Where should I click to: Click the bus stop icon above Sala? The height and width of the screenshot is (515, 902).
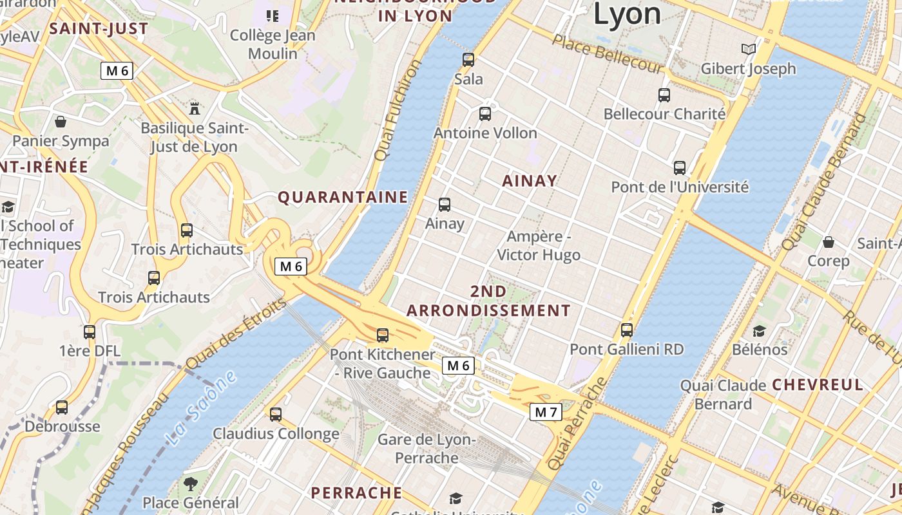coord(468,60)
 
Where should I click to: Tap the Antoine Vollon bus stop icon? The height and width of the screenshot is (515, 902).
coord(485,114)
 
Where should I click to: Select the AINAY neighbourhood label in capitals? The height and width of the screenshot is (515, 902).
coord(530,181)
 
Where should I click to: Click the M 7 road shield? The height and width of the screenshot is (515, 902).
coord(546,412)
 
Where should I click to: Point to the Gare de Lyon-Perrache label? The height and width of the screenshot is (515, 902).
coord(427,449)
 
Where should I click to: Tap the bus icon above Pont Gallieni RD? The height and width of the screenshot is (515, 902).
coord(627,330)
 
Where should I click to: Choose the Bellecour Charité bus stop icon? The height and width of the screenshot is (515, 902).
coord(664,95)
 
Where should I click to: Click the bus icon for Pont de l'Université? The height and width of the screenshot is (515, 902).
coord(680,168)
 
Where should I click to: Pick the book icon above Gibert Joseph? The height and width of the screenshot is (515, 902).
coord(748,49)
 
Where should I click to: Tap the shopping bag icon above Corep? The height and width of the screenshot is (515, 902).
coord(829,242)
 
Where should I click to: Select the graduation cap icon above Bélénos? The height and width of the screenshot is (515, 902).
coord(760,331)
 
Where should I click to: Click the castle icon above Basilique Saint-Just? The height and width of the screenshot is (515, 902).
coord(194,108)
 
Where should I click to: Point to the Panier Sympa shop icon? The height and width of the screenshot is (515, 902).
coord(61,122)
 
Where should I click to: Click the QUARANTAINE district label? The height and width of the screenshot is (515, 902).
coord(343,197)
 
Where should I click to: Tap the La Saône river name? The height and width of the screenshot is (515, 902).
coord(200,409)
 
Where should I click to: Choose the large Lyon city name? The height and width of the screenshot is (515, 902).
coord(627,14)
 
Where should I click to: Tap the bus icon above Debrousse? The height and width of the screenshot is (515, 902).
coord(62,407)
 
